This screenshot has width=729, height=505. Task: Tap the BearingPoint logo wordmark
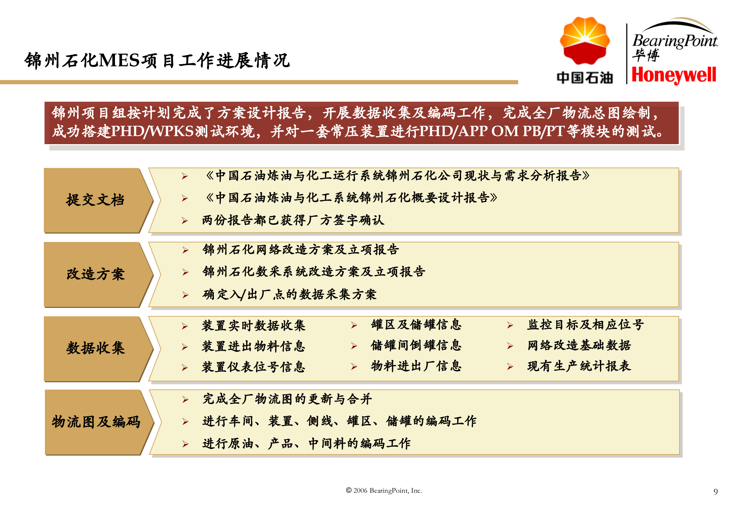675,41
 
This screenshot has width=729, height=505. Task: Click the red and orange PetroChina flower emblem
585,41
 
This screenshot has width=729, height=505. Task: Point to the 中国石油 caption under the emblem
585,78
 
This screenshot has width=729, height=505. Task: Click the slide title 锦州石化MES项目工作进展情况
157,60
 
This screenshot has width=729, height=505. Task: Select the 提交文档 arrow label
95,200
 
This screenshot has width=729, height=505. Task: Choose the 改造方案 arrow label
95,274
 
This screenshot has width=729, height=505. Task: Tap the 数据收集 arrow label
95,348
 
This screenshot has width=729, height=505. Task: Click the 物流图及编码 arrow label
96,422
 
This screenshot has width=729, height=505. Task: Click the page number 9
715,491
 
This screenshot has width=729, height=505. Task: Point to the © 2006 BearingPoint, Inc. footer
384,490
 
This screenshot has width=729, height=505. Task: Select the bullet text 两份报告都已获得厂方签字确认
293,220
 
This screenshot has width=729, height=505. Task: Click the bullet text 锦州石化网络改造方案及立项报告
301,249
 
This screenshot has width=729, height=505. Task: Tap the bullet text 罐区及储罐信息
416,325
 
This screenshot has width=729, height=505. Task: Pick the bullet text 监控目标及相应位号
585,325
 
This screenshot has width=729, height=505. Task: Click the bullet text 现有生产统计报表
579,366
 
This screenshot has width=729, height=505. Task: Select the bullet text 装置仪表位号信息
253,367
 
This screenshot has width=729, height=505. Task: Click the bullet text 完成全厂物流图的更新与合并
287,399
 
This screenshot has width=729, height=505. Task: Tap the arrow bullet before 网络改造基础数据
510,346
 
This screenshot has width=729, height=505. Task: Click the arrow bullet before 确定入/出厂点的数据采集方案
185,295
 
